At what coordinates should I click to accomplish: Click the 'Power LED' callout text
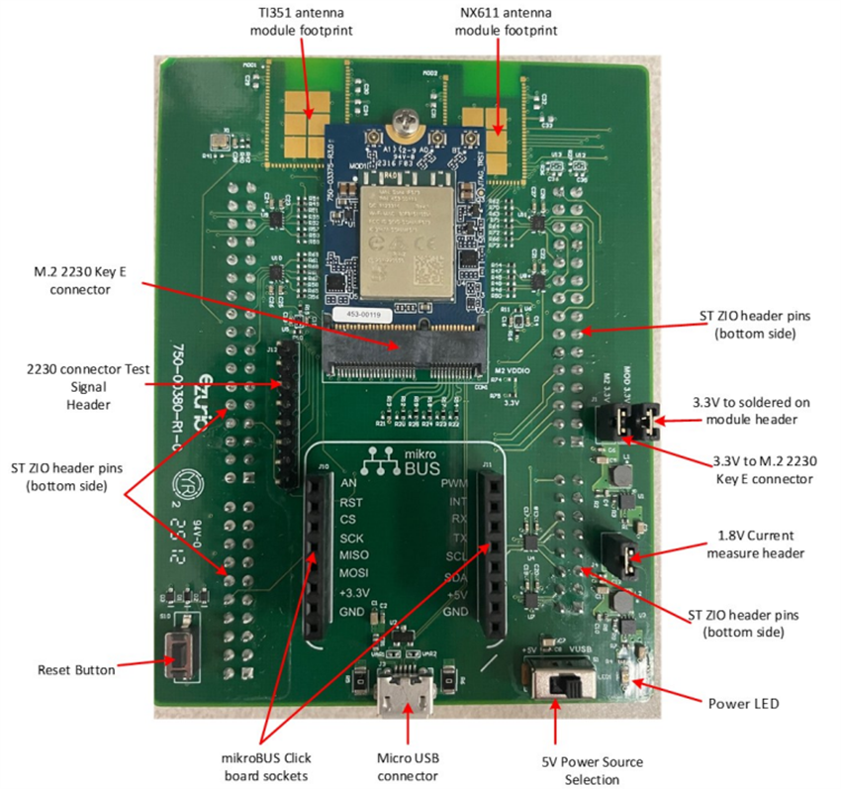tap(743, 704)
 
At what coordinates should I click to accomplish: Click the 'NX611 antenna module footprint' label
tap(506, 21)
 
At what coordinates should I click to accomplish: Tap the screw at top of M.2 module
tap(404, 123)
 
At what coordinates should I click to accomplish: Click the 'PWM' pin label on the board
tap(455, 484)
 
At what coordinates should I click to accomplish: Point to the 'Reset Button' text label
tap(76, 670)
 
